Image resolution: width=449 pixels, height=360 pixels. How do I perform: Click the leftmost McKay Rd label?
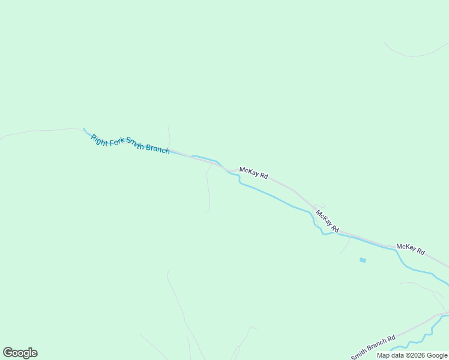[x=253, y=173]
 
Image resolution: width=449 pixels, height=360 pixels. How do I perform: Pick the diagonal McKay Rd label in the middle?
[x=327, y=221]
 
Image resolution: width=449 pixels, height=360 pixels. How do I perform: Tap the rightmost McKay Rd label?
[x=411, y=249]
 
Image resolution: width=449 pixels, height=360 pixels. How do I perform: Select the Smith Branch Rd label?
[x=373, y=347]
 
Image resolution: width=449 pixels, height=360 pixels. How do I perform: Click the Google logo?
[x=20, y=353]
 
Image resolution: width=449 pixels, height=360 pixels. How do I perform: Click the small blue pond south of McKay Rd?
[x=363, y=260]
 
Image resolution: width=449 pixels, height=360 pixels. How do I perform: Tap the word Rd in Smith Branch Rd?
[x=391, y=338]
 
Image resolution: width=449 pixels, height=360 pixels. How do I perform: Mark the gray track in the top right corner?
[x=414, y=54]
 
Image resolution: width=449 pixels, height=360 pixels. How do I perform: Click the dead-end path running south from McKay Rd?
[x=208, y=192]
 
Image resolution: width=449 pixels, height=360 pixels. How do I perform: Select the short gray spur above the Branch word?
[x=169, y=137]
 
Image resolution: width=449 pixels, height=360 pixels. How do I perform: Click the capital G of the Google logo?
[x=8, y=353]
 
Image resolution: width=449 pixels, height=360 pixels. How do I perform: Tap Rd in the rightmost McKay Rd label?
[x=420, y=251]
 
